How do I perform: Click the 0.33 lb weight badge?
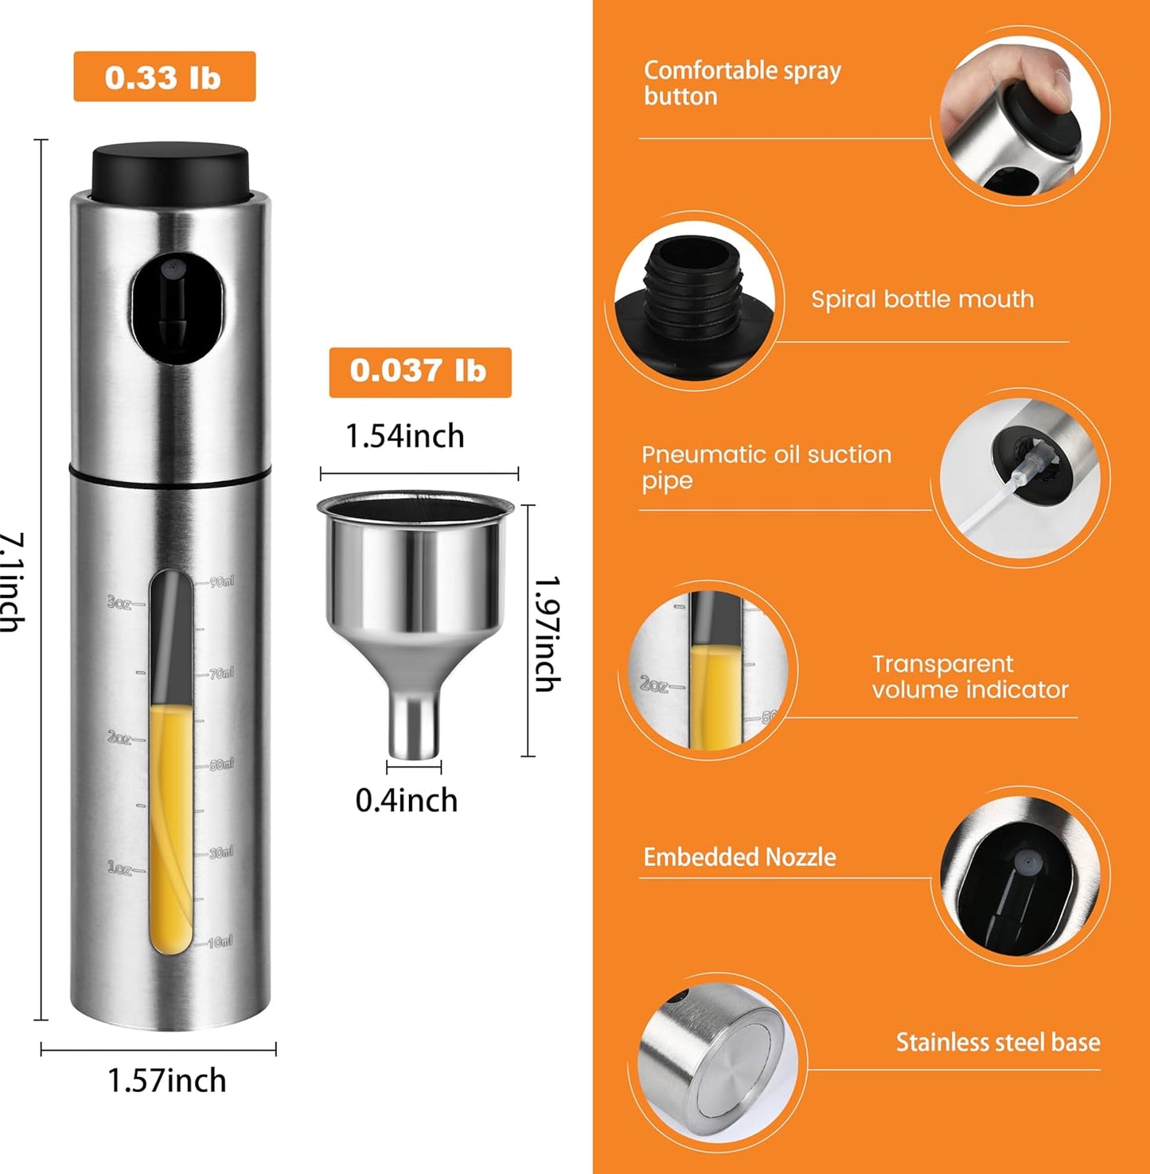click(x=164, y=77)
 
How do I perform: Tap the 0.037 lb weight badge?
click(x=419, y=371)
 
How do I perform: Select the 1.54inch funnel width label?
click(x=404, y=437)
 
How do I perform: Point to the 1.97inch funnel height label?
click(x=547, y=634)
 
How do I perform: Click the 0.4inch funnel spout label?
click(x=407, y=800)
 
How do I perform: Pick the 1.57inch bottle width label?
click(x=166, y=1080)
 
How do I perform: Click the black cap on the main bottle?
click(x=170, y=170)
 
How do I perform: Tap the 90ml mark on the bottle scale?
click(x=222, y=582)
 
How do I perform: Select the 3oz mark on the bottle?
click(x=120, y=604)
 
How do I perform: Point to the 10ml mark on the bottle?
click(x=220, y=943)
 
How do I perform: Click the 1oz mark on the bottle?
click(x=120, y=869)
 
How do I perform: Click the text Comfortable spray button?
click(x=742, y=83)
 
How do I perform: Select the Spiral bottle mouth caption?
click(x=922, y=300)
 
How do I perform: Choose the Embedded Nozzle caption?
click(x=739, y=857)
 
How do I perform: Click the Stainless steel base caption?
click(x=998, y=1042)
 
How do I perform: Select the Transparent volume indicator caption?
click(x=969, y=677)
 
